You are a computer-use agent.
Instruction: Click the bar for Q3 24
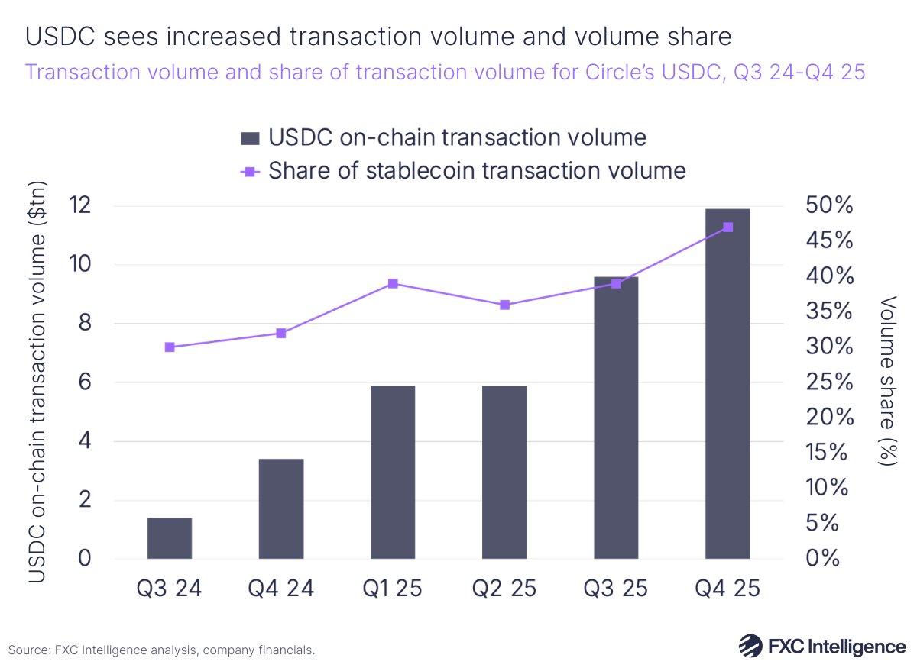pyautogui.click(x=170, y=538)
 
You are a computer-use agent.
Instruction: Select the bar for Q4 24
pyautogui.click(x=281, y=508)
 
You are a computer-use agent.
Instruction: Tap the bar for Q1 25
pyautogui.click(x=393, y=472)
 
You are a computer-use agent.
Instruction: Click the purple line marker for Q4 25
pyautogui.click(x=727, y=228)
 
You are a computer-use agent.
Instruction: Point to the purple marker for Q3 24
pyautogui.click(x=170, y=347)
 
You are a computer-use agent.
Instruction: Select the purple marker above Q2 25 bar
pyautogui.click(x=504, y=305)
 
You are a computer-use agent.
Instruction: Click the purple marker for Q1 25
pyautogui.click(x=393, y=284)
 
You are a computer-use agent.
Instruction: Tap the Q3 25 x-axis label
pyautogui.click(x=616, y=589)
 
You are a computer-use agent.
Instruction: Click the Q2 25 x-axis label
pyautogui.click(x=504, y=589)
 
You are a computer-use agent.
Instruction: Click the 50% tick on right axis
pyautogui.click(x=827, y=206)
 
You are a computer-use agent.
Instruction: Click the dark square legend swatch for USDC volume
pyautogui.click(x=250, y=138)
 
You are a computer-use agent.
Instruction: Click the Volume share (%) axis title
pyautogui.click(x=889, y=382)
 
